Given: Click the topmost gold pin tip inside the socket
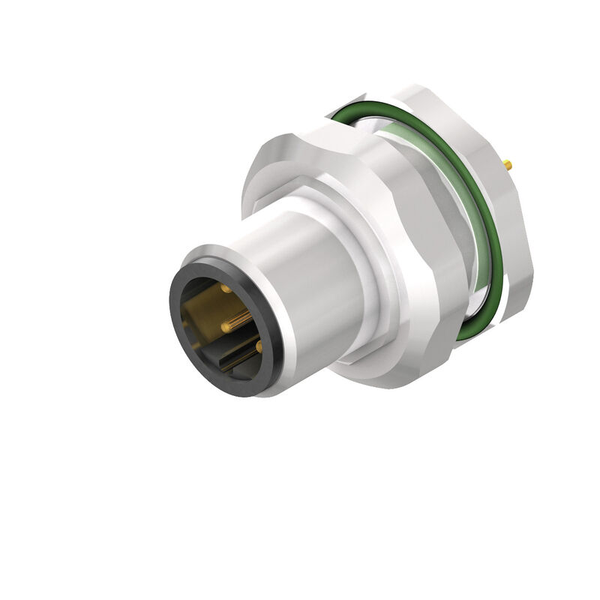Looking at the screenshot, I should pos(224,288).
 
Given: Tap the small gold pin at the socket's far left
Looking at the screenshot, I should pos(184,323).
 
